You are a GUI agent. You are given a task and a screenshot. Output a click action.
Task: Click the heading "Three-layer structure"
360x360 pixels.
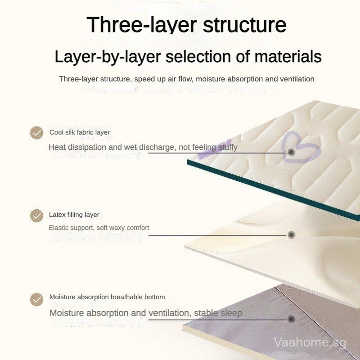(x=186, y=25)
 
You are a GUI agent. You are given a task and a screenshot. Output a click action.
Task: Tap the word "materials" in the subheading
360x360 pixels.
(x=288, y=56)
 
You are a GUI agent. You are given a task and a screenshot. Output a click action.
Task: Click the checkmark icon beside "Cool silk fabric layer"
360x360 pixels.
(x=37, y=133)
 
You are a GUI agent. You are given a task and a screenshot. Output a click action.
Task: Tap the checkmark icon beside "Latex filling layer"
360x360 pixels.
(x=37, y=216)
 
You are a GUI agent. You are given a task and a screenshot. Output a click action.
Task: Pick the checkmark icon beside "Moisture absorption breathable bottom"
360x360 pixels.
(x=37, y=299)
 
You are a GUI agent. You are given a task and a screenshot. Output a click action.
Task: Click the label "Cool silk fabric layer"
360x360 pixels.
(x=80, y=132)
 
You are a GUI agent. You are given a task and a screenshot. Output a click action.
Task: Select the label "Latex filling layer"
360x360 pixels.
(x=74, y=215)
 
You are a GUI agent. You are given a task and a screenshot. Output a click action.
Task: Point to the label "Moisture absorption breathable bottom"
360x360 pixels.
(x=107, y=297)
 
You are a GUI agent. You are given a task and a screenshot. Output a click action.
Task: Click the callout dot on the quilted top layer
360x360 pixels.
(x=291, y=152)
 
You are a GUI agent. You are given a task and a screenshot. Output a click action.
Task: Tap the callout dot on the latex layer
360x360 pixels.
(x=291, y=235)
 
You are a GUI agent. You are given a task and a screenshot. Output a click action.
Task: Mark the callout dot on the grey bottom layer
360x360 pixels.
(x=291, y=319)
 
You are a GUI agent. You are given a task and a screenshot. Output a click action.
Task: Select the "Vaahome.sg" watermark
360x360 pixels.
(x=310, y=342)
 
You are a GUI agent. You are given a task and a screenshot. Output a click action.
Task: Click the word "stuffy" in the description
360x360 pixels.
(x=228, y=148)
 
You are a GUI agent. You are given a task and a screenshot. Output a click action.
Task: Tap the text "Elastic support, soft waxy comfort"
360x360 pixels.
(x=99, y=228)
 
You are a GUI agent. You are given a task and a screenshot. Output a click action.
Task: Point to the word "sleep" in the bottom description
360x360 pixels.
(x=231, y=313)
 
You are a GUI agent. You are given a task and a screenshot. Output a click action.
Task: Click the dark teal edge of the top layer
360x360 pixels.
(x=273, y=190)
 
